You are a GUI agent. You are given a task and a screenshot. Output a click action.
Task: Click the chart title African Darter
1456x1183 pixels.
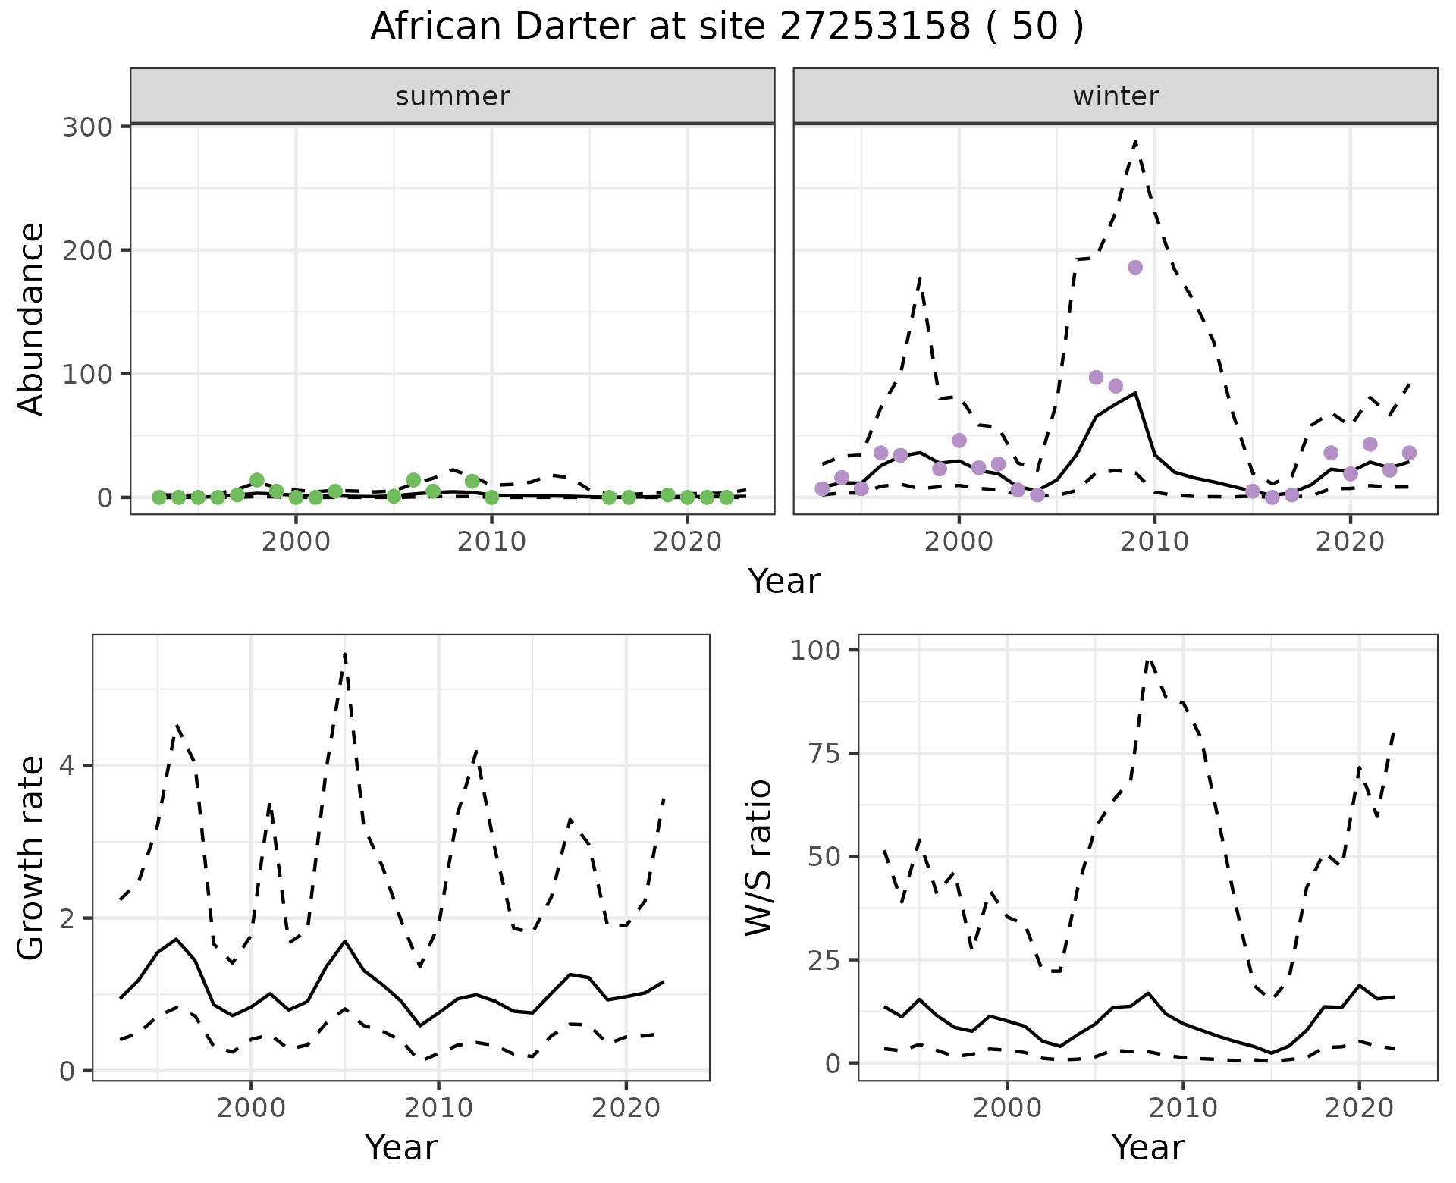[x=726, y=27]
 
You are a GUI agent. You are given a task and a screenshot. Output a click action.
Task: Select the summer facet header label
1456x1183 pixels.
[x=453, y=96]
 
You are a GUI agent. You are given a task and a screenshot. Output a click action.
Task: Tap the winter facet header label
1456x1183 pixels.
[x=1116, y=96]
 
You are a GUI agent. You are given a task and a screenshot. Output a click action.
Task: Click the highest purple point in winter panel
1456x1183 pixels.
[x=1135, y=267]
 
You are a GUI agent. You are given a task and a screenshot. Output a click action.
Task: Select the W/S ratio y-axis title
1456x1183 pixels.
[x=759, y=858]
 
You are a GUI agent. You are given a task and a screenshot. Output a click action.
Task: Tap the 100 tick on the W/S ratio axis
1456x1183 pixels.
[x=814, y=651]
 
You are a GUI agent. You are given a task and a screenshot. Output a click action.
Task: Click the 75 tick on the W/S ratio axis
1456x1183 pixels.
[x=822, y=753]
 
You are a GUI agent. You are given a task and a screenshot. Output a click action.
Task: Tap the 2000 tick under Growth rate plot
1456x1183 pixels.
[x=251, y=1108]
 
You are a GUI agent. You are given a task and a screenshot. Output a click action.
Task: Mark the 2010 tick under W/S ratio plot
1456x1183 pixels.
[x=1183, y=1108]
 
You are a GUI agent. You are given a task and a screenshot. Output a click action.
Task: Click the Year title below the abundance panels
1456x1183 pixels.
[x=784, y=582]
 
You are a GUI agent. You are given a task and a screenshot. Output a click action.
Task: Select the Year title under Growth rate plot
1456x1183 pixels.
[x=401, y=1148]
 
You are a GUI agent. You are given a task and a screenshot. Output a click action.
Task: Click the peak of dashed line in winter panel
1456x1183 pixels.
[x=1135, y=141]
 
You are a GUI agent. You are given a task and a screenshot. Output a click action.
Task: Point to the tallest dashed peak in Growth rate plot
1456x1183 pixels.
[x=345, y=654]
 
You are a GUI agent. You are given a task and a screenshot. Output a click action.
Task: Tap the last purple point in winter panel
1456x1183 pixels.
[x=1409, y=453]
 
